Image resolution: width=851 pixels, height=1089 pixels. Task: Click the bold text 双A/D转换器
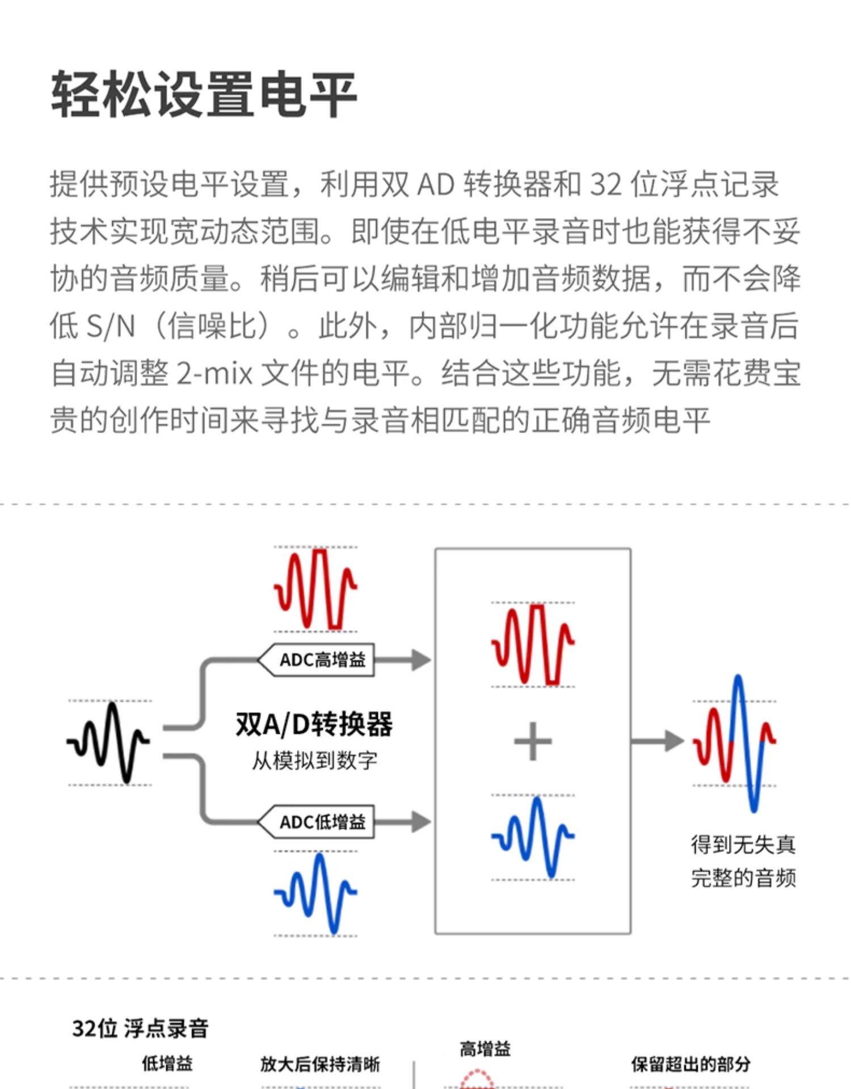coord(314,724)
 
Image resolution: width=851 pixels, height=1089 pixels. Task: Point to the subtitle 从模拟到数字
coord(314,761)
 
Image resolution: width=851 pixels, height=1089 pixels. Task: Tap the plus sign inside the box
coord(532,741)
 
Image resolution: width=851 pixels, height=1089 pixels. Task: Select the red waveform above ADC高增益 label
coord(315,589)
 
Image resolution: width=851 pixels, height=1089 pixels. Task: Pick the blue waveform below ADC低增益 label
coord(315,892)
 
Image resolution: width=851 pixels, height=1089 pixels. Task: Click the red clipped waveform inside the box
coord(533,644)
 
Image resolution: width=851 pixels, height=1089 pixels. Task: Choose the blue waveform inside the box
coord(533,837)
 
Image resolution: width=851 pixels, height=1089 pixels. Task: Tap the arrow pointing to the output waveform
coord(658,741)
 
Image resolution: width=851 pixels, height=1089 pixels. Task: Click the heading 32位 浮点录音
coord(140,1028)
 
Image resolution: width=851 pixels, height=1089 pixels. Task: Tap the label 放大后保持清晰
coord(320,1064)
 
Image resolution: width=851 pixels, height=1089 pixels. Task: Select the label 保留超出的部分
coord(691,1064)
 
